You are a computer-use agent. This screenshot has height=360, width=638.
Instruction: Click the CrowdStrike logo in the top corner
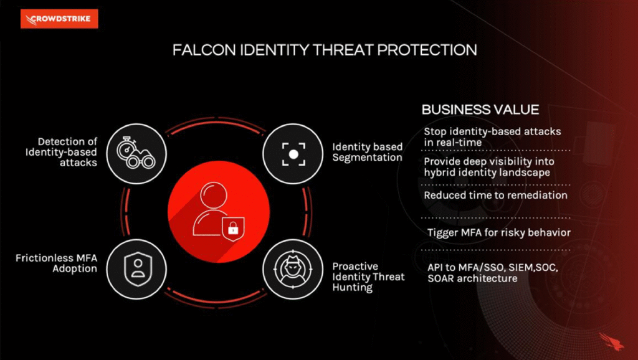(59, 19)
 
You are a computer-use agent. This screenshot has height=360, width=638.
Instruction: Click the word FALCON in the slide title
(204, 50)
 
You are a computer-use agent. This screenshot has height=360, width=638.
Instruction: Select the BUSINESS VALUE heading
(480, 110)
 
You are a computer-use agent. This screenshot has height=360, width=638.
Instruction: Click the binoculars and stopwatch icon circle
(136, 154)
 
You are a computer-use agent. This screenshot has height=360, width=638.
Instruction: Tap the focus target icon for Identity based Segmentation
(293, 154)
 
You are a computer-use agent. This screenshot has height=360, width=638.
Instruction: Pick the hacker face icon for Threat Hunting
(293, 269)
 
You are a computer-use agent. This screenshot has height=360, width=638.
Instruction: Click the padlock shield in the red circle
(233, 229)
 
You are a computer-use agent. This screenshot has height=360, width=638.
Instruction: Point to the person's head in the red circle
(214, 194)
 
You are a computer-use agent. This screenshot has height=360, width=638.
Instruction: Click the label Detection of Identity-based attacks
(62, 152)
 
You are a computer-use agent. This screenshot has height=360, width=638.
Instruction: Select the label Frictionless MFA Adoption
(57, 263)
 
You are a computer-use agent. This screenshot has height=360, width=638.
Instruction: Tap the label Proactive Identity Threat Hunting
(368, 277)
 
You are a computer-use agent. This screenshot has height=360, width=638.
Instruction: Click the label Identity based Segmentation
(368, 152)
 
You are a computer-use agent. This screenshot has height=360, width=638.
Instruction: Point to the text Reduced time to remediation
(495, 195)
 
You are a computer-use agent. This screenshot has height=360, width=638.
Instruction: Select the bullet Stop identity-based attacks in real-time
(492, 137)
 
